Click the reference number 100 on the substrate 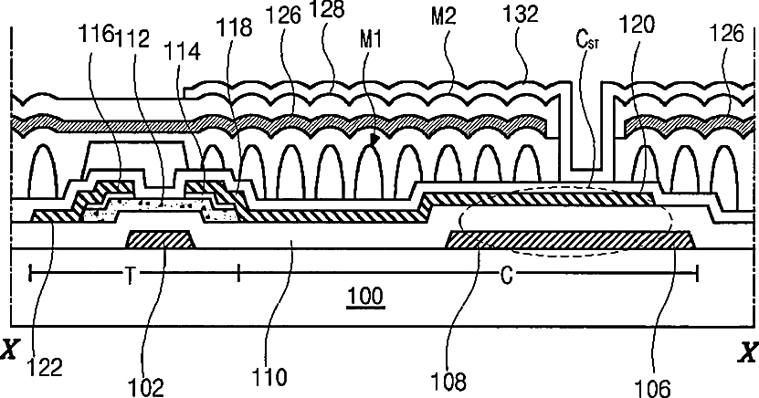(366, 297)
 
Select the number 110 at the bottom (272, 374)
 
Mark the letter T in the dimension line (129, 272)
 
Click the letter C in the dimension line (504, 272)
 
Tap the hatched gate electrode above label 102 (160, 240)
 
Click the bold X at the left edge (11, 351)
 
